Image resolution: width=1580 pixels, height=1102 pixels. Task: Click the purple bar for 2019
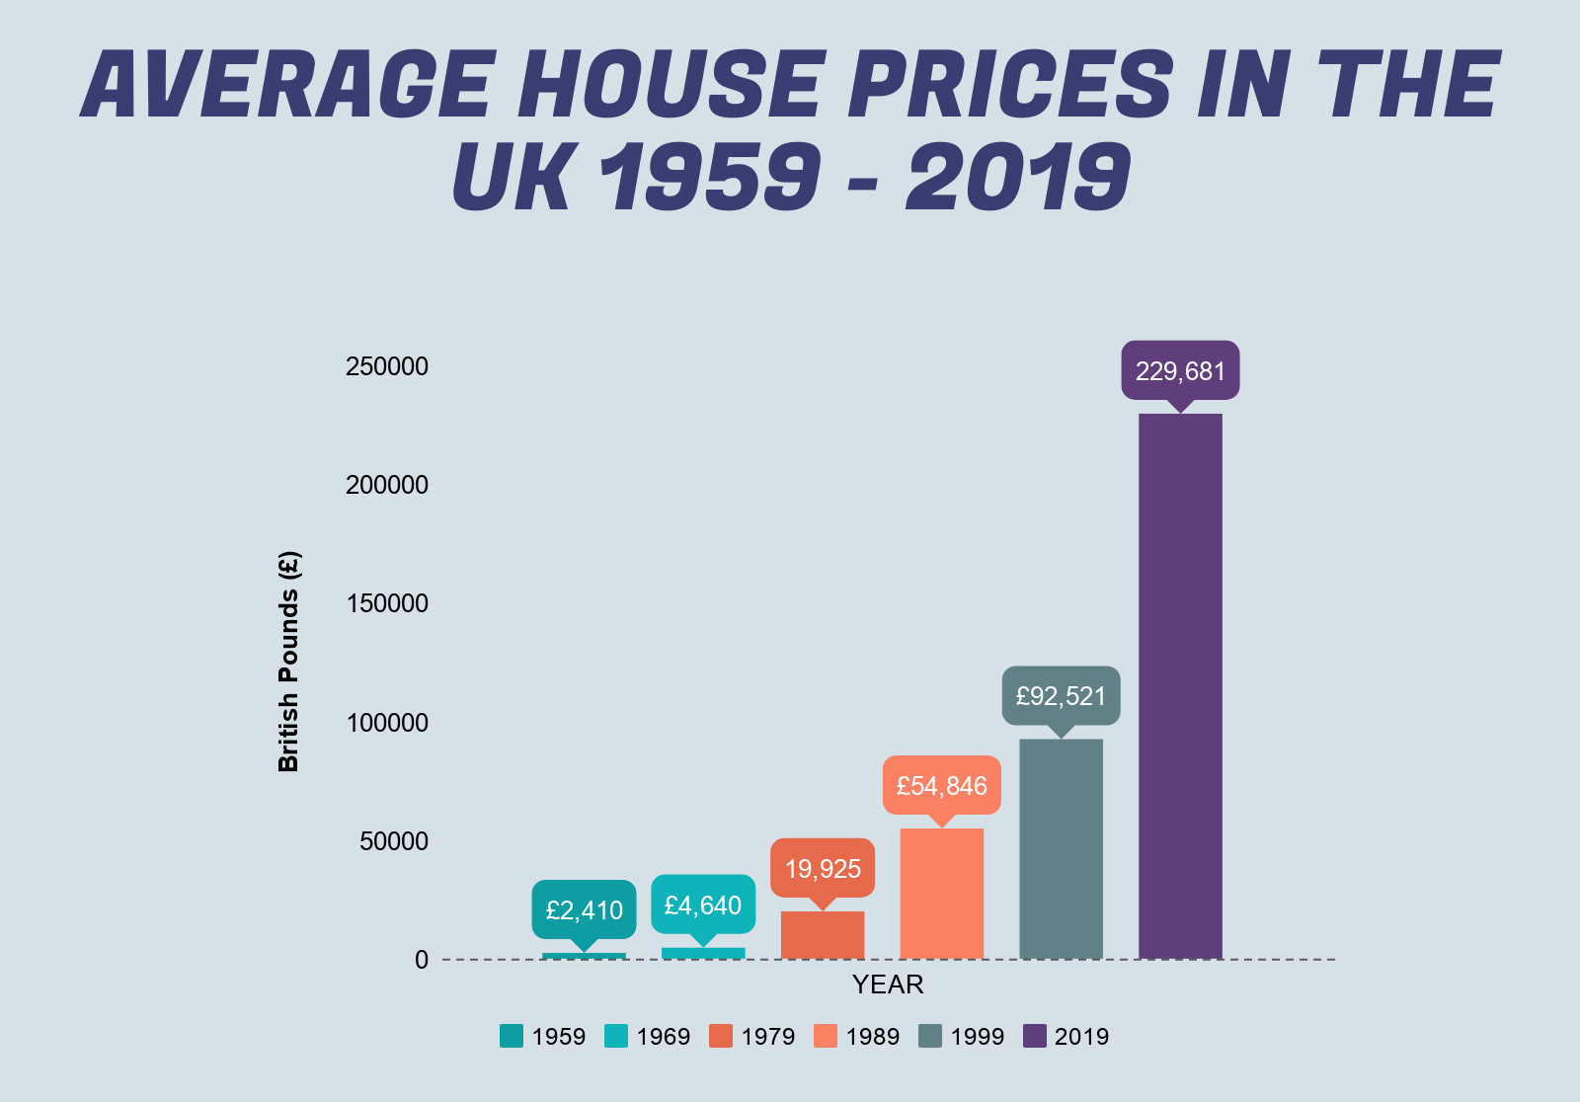coord(1180,686)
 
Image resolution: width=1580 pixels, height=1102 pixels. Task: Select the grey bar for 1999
coord(1061,849)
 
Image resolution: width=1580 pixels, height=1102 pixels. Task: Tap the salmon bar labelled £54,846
coord(942,894)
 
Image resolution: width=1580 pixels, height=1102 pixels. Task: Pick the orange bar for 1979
coord(823,935)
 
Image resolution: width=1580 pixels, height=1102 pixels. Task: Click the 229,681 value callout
coord(1180,371)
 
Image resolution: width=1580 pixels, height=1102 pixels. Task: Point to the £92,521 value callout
coord(1061,696)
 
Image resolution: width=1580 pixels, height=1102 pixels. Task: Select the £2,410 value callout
coord(584,910)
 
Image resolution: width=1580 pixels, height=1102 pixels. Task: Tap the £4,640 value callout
coord(703,905)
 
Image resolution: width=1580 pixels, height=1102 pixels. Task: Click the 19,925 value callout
coord(823,869)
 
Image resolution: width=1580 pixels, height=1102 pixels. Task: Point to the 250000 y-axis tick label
coord(386,366)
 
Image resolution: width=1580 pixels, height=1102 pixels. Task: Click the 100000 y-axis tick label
coord(387,723)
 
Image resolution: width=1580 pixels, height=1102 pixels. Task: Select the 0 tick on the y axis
coord(421,960)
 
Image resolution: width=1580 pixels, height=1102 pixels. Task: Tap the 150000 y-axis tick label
coord(387,603)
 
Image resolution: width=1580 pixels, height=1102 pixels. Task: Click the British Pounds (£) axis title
coord(288,662)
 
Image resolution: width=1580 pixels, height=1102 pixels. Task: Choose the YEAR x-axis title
coord(888,984)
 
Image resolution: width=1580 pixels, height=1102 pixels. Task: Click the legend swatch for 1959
coord(512,1036)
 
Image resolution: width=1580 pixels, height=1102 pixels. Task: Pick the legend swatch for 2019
coord(1035,1036)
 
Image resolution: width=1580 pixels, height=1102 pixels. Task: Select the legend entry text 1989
coord(873,1037)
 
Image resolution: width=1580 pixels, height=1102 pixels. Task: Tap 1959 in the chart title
coord(710,176)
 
